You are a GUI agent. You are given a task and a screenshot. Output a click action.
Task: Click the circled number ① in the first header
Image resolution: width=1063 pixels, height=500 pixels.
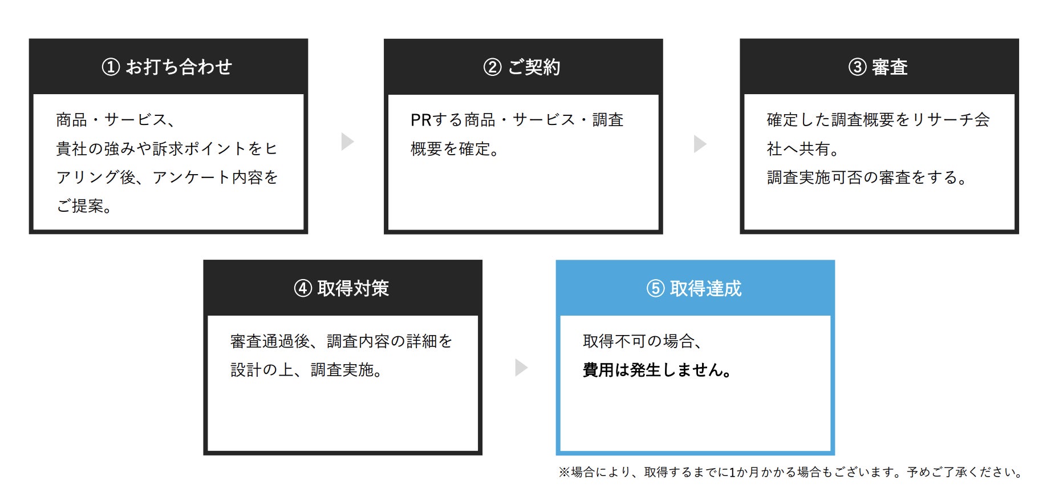click(x=111, y=67)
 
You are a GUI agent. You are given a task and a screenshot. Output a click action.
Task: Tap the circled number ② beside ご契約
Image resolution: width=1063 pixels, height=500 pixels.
click(x=492, y=67)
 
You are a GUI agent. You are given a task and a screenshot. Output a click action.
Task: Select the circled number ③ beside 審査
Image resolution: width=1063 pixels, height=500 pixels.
click(x=857, y=67)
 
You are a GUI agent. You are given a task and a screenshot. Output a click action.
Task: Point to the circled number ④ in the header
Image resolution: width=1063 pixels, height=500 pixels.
click(x=303, y=288)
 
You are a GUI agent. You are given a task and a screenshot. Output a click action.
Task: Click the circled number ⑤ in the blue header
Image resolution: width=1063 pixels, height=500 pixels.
click(x=655, y=288)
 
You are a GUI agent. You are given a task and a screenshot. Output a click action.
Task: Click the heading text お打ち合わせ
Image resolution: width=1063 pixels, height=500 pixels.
click(x=179, y=67)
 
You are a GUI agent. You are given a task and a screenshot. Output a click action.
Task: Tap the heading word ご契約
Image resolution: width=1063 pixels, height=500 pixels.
click(x=534, y=67)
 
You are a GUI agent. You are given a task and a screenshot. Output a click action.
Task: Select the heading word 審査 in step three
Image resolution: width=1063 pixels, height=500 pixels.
click(x=890, y=67)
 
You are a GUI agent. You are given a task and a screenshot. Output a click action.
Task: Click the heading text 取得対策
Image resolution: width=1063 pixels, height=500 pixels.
click(x=353, y=288)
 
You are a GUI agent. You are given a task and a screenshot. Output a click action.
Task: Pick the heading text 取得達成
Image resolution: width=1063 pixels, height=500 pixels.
click(x=705, y=288)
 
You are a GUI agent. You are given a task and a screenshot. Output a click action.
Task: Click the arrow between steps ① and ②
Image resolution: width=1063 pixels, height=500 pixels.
click(x=347, y=142)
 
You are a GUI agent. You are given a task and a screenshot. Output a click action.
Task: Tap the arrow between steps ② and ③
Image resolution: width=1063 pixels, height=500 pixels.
click(x=700, y=143)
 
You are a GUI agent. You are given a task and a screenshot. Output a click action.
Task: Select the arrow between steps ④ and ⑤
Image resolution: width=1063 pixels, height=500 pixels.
click(x=521, y=367)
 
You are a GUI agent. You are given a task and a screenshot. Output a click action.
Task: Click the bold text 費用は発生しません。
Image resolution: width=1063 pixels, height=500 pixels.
click(x=657, y=370)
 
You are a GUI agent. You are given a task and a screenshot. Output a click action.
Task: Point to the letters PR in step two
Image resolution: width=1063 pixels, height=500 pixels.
click(x=421, y=120)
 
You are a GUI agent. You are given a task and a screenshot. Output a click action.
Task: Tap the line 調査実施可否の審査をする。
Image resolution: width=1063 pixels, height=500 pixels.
click(x=867, y=178)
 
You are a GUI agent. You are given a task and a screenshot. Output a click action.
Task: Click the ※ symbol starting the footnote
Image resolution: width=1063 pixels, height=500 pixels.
click(x=564, y=472)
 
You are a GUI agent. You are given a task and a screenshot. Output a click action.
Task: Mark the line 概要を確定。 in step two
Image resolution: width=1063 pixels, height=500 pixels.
click(x=455, y=149)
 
